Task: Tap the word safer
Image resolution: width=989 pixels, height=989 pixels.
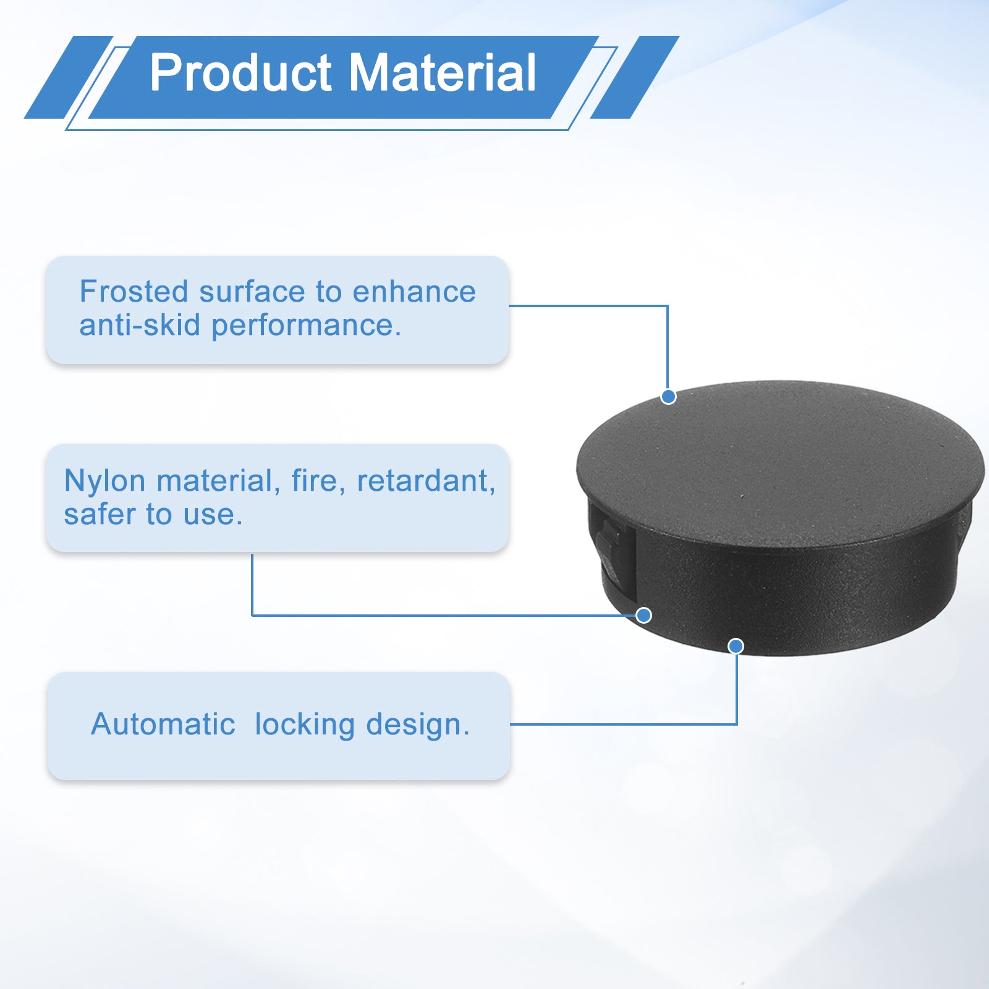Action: coord(99,514)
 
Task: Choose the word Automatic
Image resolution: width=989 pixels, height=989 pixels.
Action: coord(163,724)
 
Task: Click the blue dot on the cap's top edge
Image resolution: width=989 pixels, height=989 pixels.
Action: coord(668,397)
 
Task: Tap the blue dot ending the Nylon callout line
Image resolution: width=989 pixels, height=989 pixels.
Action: coord(643,615)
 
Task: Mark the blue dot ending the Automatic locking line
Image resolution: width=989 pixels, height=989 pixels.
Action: coord(736,646)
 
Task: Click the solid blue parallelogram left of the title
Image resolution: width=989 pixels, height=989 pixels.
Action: coord(69,77)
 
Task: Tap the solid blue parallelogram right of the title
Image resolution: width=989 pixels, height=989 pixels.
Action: coord(635,77)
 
